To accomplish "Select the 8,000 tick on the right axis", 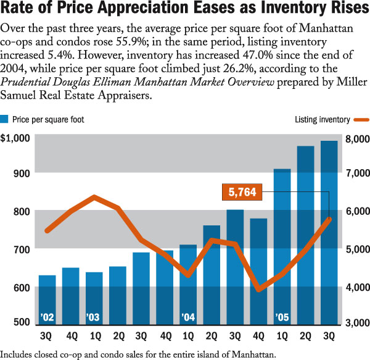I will coord(356,138).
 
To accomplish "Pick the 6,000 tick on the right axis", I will coord(356,212).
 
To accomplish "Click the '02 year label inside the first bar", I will coord(47,317).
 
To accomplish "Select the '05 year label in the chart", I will coord(282,317).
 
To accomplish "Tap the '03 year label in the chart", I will coord(94,317).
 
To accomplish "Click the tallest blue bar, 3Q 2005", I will coord(329,235).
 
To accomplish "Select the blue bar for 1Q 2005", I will coord(282,247).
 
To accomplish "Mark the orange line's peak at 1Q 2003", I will coord(94,197).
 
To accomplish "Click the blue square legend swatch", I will coord(5,119).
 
